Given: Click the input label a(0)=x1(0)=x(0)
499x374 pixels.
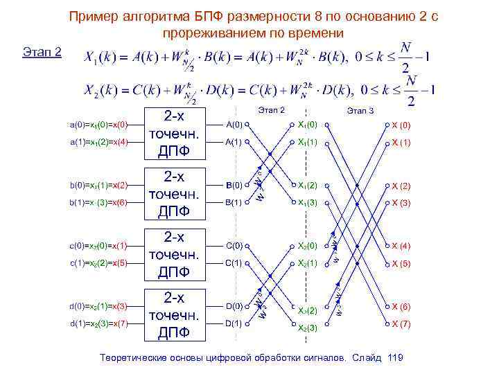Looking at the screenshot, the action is (x=99, y=125).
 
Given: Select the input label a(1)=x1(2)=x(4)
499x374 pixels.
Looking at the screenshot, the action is (x=99, y=142).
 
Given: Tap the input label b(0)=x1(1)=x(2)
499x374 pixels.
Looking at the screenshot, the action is (x=99, y=185).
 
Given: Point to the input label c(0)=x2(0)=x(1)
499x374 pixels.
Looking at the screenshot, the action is (x=99, y=245).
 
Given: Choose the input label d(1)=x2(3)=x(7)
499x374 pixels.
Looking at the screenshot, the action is (x=99, y=323).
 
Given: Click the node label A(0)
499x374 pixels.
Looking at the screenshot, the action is (x=234, y=125).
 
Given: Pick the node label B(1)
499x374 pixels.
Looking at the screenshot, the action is (x=234, y=202).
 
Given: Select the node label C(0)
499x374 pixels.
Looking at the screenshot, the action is (x=234, y=245).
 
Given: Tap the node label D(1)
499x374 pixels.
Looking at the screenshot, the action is (x=234, y=323).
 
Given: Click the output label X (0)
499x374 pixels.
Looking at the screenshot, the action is (x=401, y=125).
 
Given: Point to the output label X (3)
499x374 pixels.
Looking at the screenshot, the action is (x=401, y=202).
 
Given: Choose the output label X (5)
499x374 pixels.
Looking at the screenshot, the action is (x=401, y=263).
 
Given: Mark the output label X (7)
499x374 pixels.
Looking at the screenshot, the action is (x=401, y=323).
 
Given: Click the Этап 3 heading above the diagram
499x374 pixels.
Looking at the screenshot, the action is (x=360, y=110).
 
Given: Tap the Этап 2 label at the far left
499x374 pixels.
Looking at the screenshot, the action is (x=42, y=52).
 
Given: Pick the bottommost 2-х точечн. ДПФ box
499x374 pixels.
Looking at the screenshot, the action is (x=173, y=314).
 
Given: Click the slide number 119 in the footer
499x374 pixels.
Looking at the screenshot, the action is (x=396, y=357).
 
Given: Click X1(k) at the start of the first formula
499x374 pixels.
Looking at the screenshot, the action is (x=100, y=57).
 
